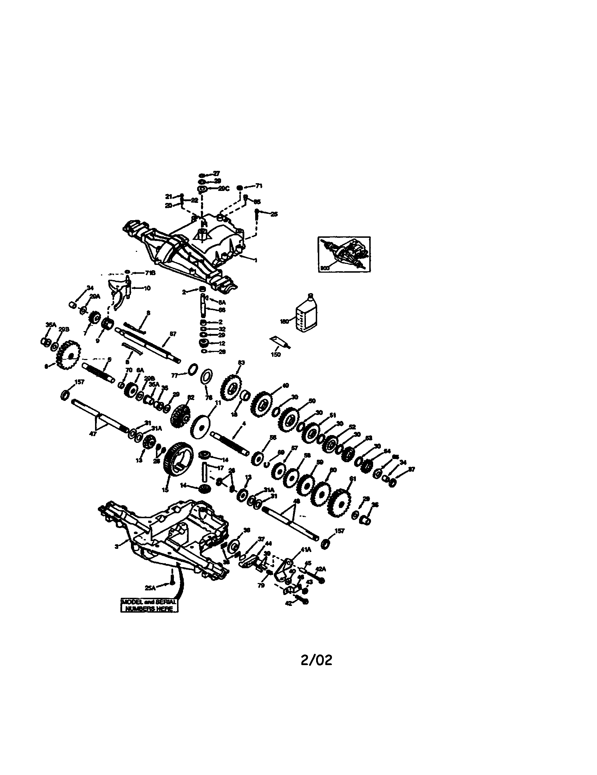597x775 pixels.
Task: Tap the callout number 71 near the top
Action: tap(259, 186)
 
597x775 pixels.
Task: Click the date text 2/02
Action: tap(316, 661)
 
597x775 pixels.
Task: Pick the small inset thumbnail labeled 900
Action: tap(344, 254)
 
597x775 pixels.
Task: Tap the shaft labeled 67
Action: tap(147, 343)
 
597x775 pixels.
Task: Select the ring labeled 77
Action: tap(192, 368)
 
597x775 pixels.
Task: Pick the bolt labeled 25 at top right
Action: tap(257, 213)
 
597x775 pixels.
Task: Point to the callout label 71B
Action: tap(150, 273)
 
